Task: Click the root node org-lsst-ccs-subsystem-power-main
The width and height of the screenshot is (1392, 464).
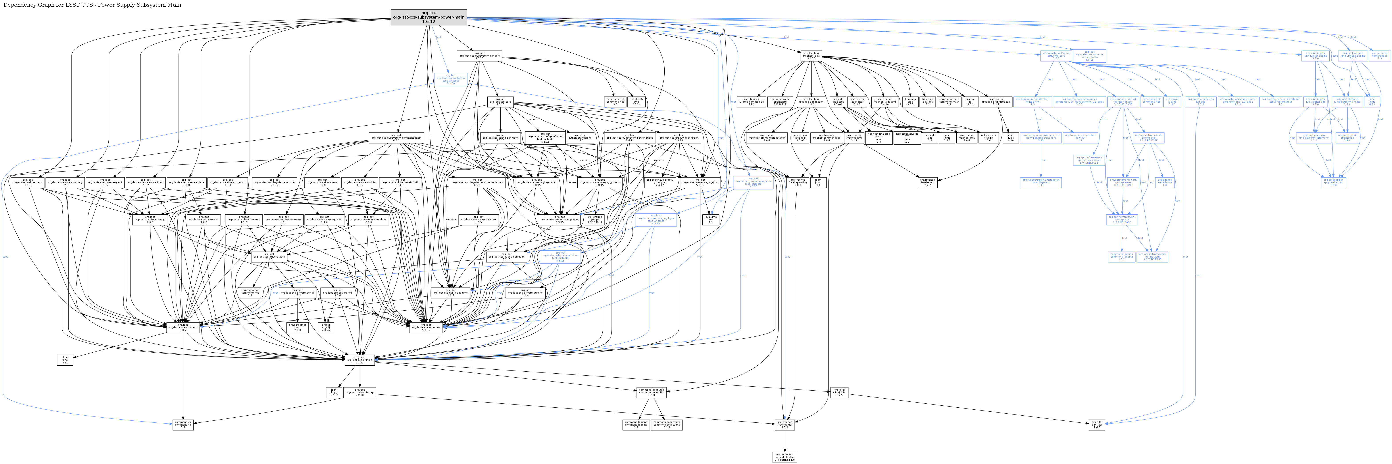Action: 429,17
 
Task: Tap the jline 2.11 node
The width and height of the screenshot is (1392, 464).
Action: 65,360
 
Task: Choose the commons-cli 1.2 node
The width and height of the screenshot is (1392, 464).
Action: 183,425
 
